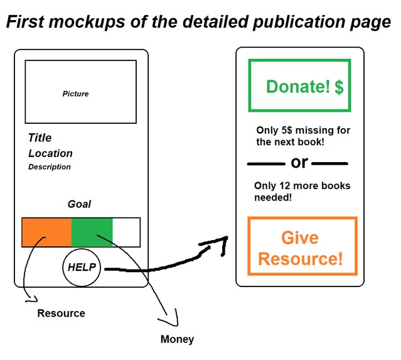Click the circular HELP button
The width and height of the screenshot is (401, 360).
point(82,267)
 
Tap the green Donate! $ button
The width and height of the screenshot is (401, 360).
point(299,85)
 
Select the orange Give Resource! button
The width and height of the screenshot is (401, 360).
point(302,246)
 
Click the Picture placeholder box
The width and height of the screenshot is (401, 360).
point(80,92)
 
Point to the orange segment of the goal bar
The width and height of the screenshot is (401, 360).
point(46,232)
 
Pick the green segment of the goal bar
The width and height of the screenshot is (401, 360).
point(92,232)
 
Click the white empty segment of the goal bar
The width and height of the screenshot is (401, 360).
point(126,232)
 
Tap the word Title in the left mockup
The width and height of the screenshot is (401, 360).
point(40,138)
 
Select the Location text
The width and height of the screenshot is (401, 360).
point(50,153)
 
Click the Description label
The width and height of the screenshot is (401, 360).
point(50,167)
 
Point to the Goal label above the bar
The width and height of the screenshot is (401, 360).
point(79,204)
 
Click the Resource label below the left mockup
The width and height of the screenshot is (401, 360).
point(61,314)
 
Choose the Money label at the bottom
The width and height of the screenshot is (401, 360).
point(177,339)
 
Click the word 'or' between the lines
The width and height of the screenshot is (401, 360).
point(299,163)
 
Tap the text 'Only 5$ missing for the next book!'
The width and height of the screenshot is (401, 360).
point(303,136)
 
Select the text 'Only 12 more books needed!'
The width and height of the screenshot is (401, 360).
point(302,191)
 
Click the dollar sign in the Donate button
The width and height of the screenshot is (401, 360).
point(339,87)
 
